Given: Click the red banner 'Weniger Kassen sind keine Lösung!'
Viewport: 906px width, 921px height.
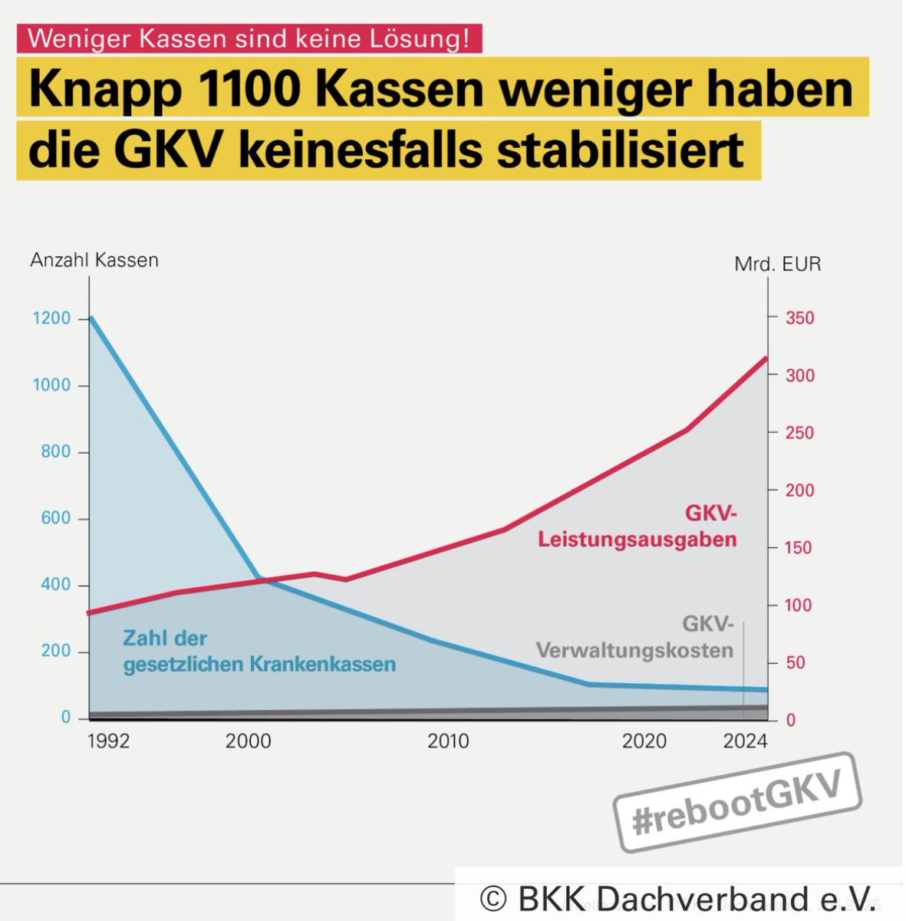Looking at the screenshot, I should (x=249, y=38).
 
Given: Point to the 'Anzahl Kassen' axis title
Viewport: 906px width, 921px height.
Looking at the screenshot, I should (x=94, y=260).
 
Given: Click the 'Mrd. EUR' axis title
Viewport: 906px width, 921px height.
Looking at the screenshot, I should (x=777, y=264).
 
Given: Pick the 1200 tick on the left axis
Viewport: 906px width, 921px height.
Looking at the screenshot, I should (x=51, y=318).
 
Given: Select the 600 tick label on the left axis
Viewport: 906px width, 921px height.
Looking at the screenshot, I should (x=56, y=518).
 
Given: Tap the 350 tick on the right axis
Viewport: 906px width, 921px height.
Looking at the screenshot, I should (x=799, y=318).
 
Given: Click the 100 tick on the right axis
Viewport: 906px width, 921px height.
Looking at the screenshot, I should (x=799, y=605).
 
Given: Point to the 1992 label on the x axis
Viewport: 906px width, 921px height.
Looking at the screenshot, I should (x=108, y=741).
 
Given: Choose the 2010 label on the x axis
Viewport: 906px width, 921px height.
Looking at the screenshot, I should (x=448, y=741).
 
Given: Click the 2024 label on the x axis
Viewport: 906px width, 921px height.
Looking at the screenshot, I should (x=745, y=741).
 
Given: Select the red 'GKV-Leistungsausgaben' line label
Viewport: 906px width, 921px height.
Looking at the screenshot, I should (x=637, y=526).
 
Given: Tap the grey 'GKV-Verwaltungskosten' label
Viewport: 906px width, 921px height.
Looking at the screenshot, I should (x=634, y=637).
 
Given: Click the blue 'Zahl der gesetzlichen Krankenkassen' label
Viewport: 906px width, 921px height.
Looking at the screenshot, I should (x=259, y=651).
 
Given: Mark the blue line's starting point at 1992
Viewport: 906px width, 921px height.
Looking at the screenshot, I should (x=91, y=317).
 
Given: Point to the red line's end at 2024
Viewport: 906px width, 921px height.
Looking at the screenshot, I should (x=766, y=358).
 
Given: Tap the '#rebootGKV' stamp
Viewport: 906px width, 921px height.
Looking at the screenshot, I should (x=737, y=802).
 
